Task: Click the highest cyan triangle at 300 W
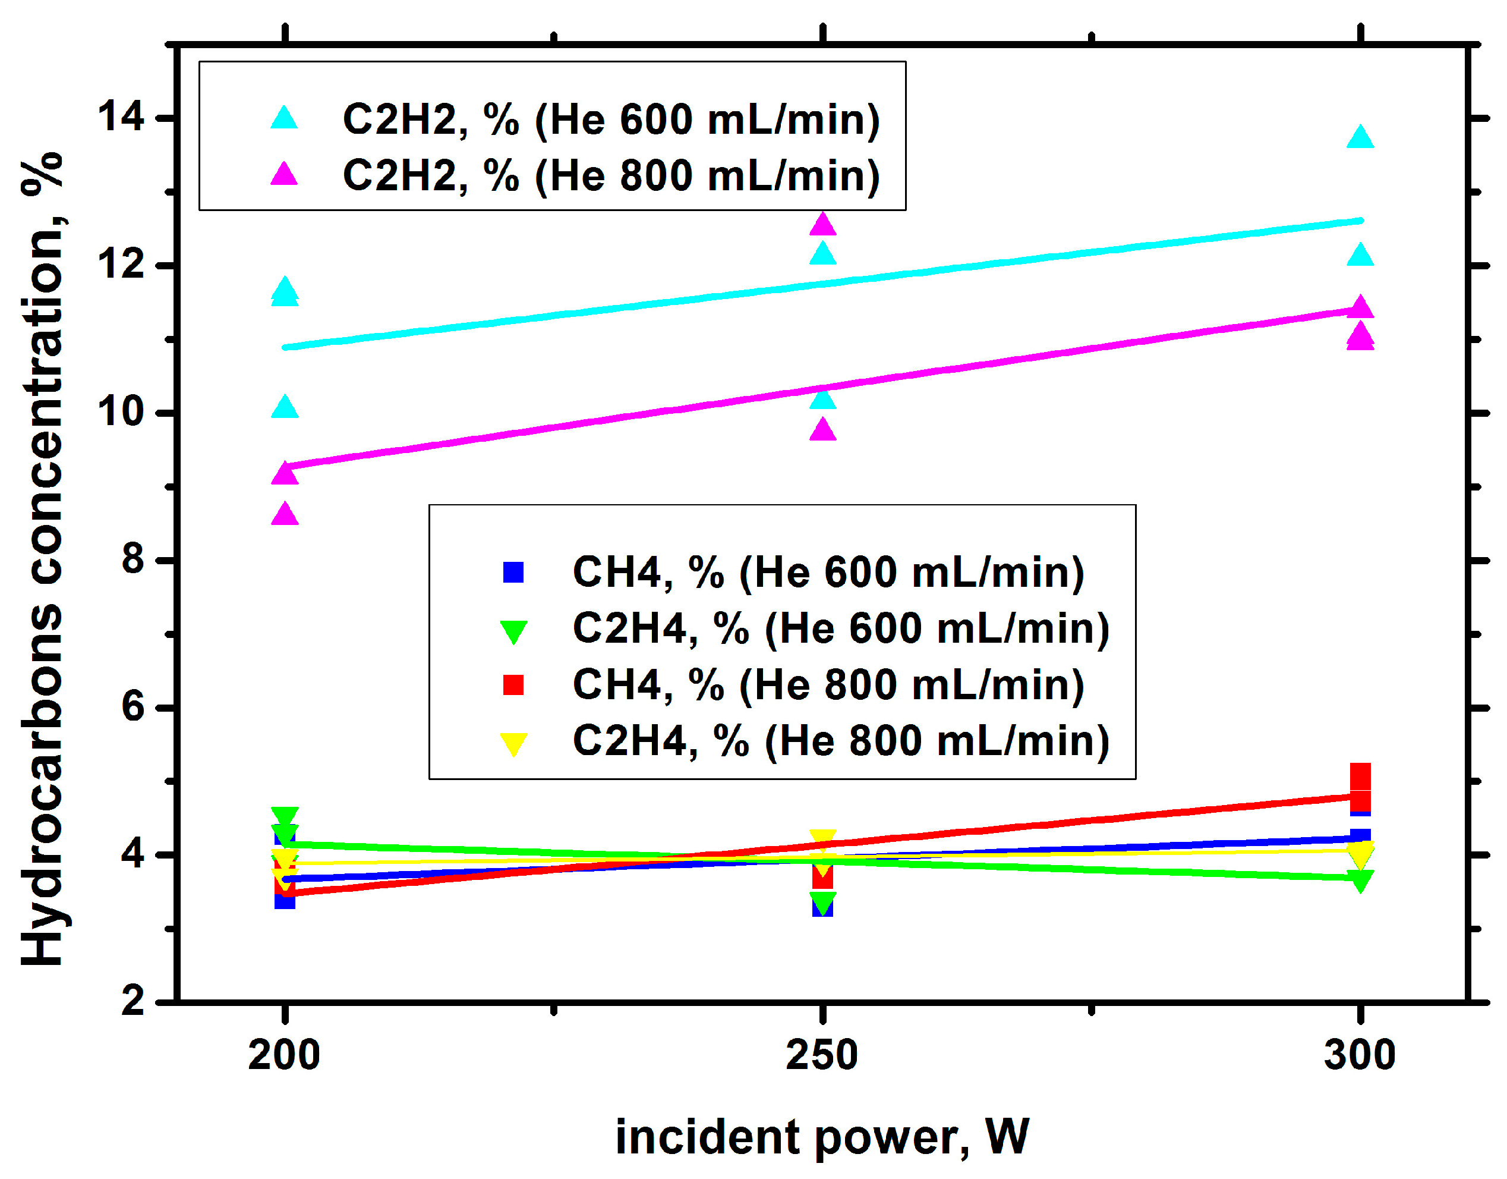coord(1360,137)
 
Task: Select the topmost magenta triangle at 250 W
coord(822,224)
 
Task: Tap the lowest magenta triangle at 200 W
coord(285,514)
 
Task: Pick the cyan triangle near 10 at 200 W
coord(285,407)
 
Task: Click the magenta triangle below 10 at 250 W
coord(822,430)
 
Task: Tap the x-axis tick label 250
coord(822,1055)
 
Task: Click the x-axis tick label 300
coord(1360,1055)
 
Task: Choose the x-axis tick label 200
coord(284,1055)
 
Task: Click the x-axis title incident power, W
coord(822,1137)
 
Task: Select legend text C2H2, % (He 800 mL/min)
coord(611,175)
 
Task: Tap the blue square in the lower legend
coord(513,572)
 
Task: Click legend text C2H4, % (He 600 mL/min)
coord(841,628)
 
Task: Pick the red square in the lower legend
coord(513,685)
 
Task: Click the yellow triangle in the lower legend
coord(513,743)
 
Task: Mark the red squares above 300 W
coord(1360,787)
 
